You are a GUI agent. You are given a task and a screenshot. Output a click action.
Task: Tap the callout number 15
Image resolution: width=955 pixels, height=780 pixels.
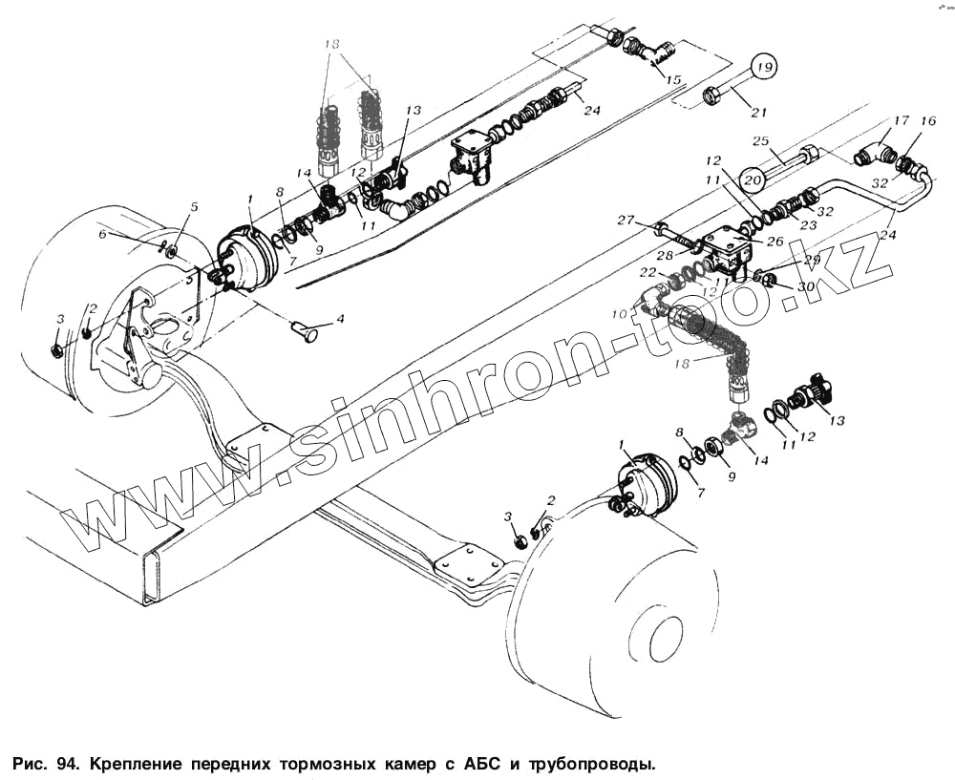674,79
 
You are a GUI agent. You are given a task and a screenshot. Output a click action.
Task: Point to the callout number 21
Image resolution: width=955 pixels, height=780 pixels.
758,113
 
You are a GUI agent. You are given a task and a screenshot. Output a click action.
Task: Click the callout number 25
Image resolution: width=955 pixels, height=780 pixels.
761,142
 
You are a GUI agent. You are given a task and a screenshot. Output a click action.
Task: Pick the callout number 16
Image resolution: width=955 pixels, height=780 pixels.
927,121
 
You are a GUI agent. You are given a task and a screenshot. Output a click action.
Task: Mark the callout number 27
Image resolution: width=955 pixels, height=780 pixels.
626,221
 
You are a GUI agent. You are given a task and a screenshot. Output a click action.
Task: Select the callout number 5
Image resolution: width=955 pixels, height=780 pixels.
194,207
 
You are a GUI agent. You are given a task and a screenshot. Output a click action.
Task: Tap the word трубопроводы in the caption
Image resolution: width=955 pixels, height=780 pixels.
584,765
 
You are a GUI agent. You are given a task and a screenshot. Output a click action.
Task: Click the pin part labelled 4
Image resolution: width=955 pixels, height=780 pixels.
306,332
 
